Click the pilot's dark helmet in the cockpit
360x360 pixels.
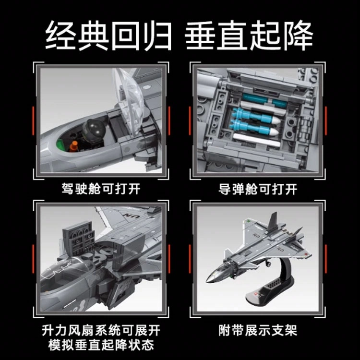[x=94, y=130]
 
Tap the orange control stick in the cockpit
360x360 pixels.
[x=74, y=146]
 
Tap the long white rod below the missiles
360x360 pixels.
[x=257, y=141]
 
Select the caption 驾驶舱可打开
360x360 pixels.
[x=101, y=189]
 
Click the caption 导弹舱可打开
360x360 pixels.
[x=258, y=189]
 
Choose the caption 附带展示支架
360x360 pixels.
[x=258, y=330]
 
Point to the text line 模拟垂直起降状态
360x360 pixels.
[x=101, y=345]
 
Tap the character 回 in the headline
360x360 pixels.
[x=125, y=35]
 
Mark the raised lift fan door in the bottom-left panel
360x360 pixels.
[x=79, y=239]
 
